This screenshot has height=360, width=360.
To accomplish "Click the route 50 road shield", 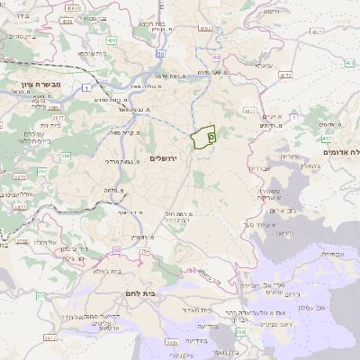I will point(159,55).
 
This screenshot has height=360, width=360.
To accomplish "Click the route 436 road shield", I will point(112,40).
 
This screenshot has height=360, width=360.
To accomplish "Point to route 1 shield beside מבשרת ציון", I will point(84,86).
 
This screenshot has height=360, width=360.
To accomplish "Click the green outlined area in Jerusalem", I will point(203,137).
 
